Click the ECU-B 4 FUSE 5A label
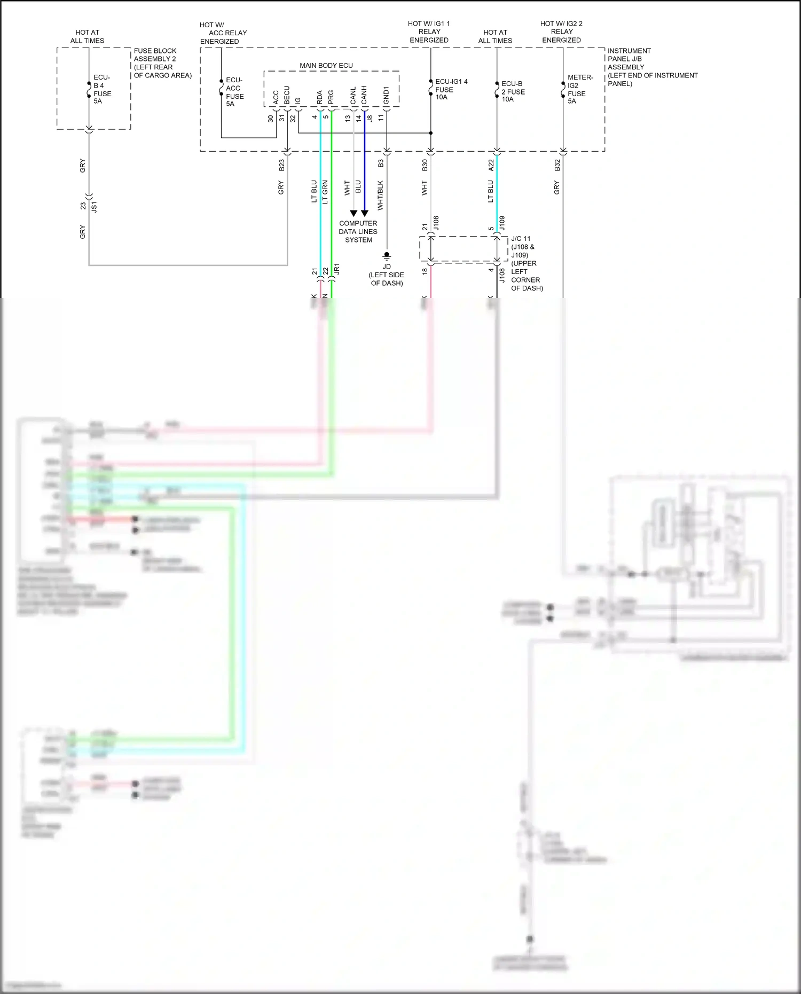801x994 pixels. click(x=101, y=89)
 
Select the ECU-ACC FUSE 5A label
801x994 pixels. click(x=234, y=92)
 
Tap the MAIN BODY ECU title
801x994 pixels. click(x=326, y=66)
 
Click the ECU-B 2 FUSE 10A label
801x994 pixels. click(x=512, y=91)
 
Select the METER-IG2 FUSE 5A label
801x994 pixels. click(x=579, y=89)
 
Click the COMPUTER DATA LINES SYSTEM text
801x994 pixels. click(x=358, y=232)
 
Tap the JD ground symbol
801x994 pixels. click(x=387, y=256)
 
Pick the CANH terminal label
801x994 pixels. click(x=364, y=95)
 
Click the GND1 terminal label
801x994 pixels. click(x=386, y=95)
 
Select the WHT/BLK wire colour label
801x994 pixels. click(x=380, y=195)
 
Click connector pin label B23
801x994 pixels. click(x=281, y=165)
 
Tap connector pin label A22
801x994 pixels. click(x=491, y=165)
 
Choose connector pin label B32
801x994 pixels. click(x=557, y=165)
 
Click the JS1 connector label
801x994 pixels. click(x=95, y=207)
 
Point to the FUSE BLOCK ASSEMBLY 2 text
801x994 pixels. click(x=162, y=63)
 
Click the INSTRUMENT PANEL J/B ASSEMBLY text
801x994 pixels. click(x=651, y=67)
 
